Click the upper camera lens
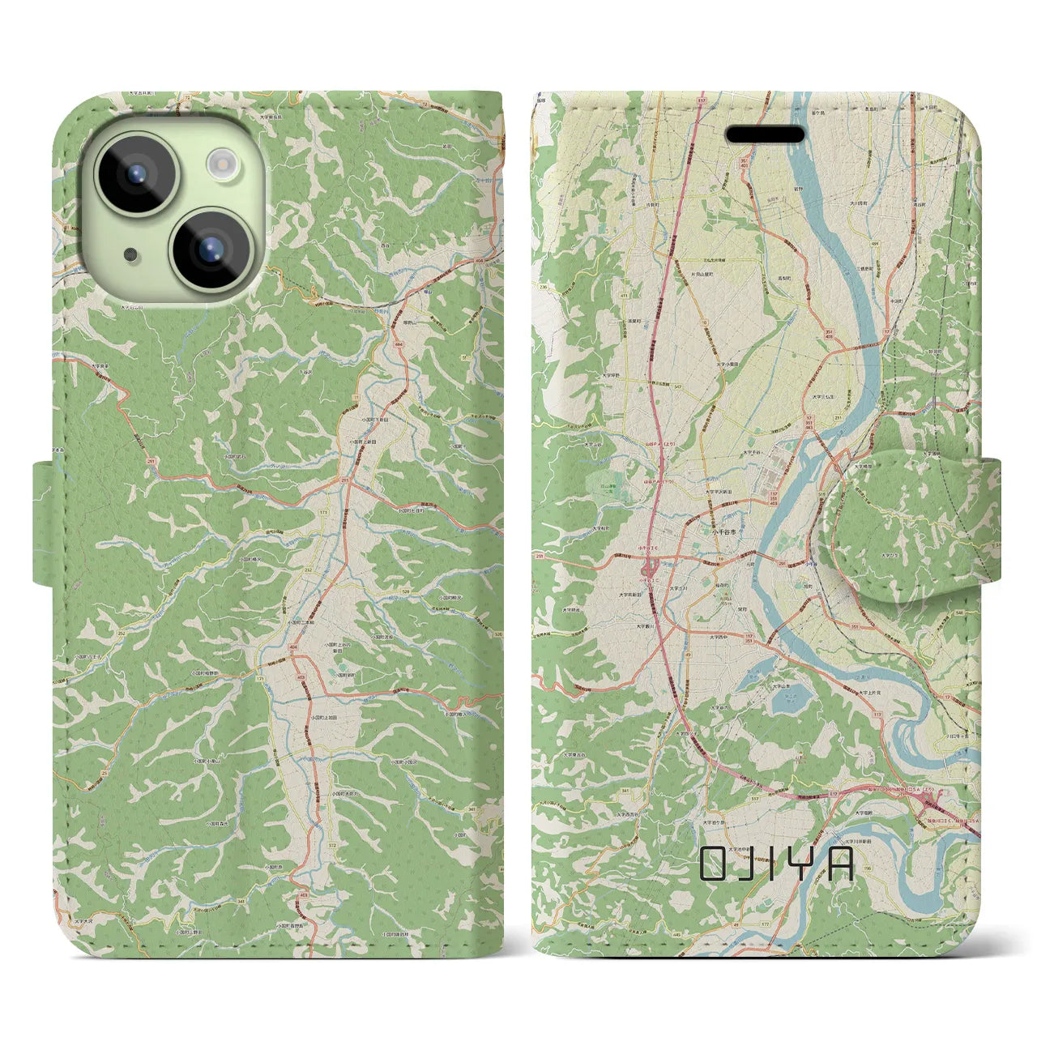click(x=134, y=173)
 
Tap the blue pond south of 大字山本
click(x=779, y=702)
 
